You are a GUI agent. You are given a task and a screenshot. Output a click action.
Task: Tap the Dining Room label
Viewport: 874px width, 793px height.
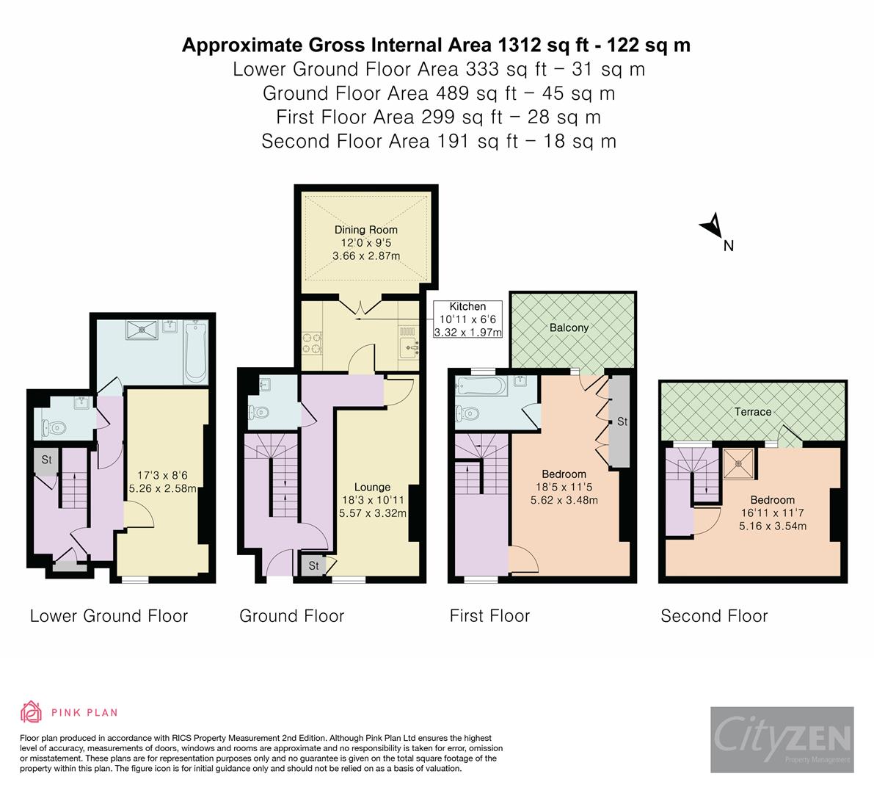[365, 230]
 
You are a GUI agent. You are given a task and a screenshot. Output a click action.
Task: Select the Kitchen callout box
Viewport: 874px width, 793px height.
[467, 319]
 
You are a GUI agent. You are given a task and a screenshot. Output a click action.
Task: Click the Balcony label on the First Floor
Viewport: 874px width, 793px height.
[569, 327]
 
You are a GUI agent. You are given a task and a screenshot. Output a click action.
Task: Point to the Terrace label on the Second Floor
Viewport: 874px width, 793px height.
[753, 412]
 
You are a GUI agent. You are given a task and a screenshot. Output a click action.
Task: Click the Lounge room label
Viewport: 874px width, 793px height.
[372, 487]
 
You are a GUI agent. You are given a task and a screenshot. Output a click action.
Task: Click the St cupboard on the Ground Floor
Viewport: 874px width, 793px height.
[313, 566]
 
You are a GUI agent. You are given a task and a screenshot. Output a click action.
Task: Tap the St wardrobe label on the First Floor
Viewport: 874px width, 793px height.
[622, 421]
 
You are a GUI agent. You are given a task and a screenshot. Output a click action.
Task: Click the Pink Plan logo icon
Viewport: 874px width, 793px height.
[31, 711]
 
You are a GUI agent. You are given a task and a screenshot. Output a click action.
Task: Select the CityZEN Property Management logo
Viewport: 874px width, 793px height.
[782, 739]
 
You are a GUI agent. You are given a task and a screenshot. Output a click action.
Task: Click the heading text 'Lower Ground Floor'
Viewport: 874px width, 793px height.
[109, 616]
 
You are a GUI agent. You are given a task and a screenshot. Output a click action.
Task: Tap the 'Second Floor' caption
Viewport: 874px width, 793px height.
[714, 616]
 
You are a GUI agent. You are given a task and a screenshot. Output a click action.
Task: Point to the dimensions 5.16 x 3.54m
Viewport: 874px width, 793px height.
[772, 526]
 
